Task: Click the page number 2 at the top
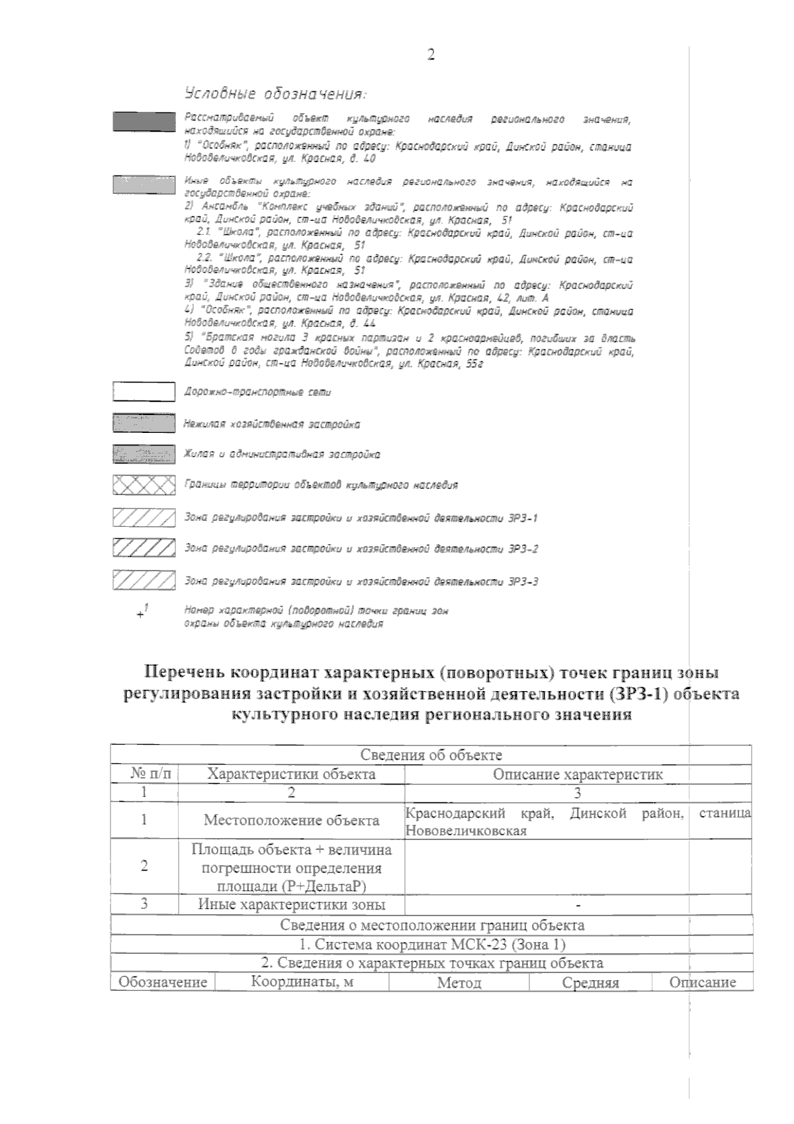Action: click(x=431, y=54)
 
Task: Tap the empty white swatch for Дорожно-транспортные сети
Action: click(x=144, y=392)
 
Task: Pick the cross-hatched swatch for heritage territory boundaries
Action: click(x=144, y=485)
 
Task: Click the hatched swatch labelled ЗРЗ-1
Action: click(x=144, y=517)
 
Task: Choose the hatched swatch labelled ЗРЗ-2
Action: click(x=144, y=548)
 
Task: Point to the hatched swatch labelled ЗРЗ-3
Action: click(x=144, y=581)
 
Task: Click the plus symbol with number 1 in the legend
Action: click(x=142, y=613)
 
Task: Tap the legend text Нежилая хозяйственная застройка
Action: click(x=271, y=424)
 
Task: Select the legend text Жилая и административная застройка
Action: click(x=281, y=455)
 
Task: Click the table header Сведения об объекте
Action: click(x=431, y=755)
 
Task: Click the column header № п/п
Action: click(x=144, y=774)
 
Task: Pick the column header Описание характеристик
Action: click(x=577, y=774)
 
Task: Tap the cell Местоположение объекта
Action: click(x=291, y=821)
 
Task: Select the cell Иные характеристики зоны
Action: click(x=291, y=904)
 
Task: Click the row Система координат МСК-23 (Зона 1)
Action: click(x=431, y=944)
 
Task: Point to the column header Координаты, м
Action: click(x=302, y=982)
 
